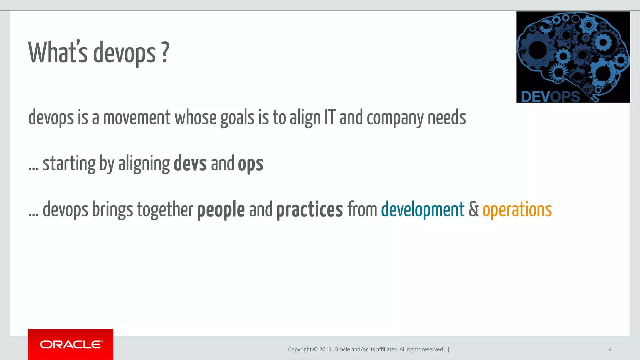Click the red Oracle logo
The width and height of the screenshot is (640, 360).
[x=71, y=344]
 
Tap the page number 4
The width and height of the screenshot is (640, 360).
[x=610, y=349]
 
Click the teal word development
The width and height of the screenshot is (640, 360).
[x=422, y=209]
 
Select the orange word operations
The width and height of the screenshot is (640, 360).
[x=517, y=209]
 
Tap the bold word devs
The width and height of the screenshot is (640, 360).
[x=190, y=164]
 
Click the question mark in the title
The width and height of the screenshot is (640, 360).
[x=166, y=52]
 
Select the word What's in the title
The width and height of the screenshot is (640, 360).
[x=58, y=52]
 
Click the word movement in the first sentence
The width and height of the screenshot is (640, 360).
[x=137, y=118]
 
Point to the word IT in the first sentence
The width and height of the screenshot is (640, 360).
[x=329, y=118]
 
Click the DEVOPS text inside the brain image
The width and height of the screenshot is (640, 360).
[x=550, y=96]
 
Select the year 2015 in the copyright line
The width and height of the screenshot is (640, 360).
[x=325, y=349]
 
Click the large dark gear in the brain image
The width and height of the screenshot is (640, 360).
[x=537, y=50]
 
